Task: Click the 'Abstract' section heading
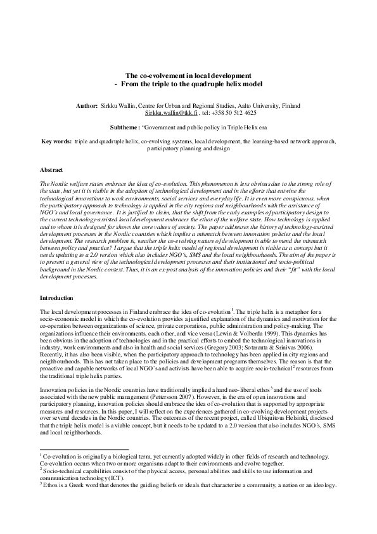pos(51,171)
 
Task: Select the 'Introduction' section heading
pos(57,298)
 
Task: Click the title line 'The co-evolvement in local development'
pos(188,75)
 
